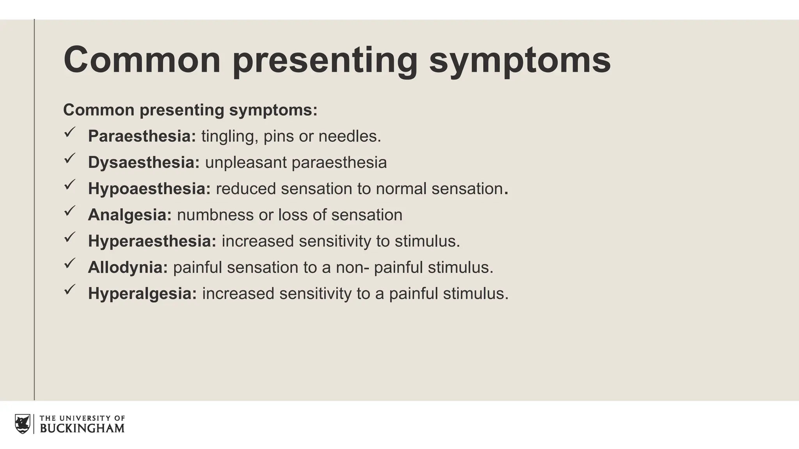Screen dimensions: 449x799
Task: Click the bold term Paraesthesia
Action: (142, 136)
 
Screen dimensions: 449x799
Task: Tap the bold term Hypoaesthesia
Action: (149, 189)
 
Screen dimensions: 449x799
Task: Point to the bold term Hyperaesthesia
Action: (152, 241)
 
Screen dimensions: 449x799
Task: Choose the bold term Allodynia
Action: (128, 267)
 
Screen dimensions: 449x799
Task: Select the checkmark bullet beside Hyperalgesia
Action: (69, 290)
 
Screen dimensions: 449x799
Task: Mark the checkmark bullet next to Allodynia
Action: (69, 263)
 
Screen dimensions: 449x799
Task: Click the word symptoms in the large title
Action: (520, 60)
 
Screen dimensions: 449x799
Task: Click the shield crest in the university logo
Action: (22, 424)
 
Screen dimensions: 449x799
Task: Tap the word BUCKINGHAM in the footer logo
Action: (82, 428)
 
